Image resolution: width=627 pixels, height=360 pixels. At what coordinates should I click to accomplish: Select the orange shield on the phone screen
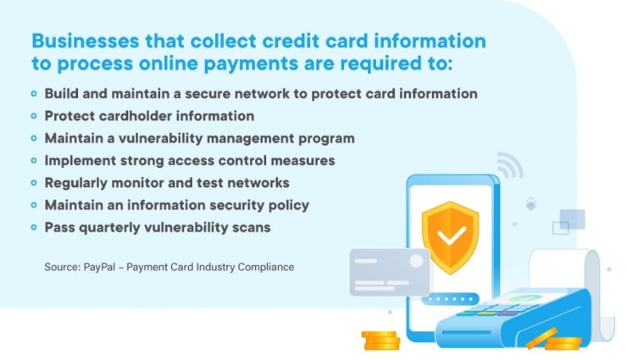450,231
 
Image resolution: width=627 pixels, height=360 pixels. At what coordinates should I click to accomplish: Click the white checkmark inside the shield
450,231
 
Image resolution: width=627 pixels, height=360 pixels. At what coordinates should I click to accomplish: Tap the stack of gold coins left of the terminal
380,341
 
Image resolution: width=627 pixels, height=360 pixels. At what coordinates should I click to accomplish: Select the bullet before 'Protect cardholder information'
34,115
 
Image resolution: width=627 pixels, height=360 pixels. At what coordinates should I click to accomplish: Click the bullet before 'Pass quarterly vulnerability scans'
34,227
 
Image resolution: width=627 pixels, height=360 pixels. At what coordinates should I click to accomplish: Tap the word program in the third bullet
325,137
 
